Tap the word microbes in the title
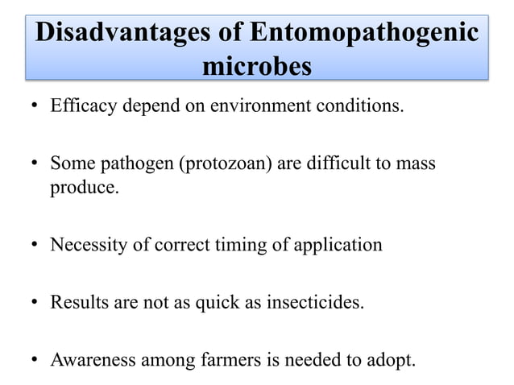pos(256,67)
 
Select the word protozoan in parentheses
pos(229,164)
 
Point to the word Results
pos(79,304)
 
